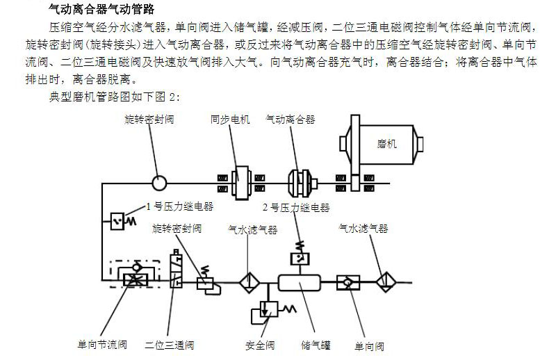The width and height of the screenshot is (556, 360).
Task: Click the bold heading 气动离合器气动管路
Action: (x=101, y=10)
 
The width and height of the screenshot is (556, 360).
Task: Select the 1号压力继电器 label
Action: (x=179, y=206)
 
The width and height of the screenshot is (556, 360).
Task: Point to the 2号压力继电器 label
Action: (x=295, y=207)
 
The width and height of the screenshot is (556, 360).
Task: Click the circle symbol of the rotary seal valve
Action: (x=158, y=183)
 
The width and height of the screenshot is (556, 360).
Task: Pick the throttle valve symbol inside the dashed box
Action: (x=130, y=279)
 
